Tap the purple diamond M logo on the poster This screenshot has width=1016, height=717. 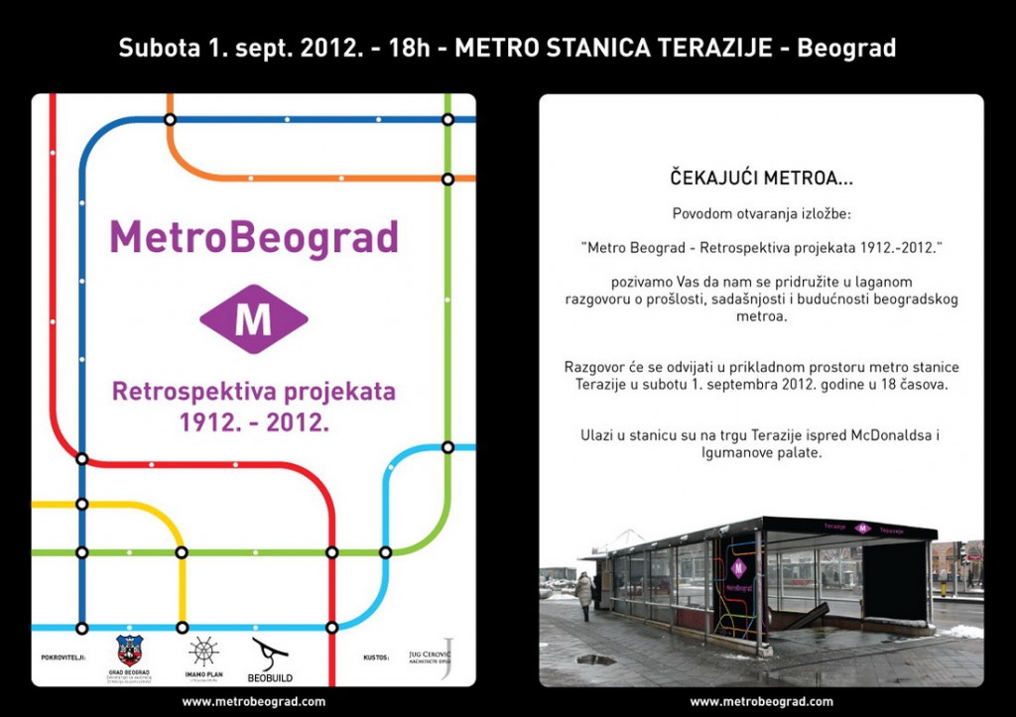(x=253, y=318)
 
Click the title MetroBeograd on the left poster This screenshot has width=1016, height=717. (x=253, y=239)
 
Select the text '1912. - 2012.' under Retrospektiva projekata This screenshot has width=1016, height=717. (x=253, y=421)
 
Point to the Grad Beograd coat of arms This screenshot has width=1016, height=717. (x=130, y=650)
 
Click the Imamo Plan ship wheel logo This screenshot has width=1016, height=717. (x=202, y=652)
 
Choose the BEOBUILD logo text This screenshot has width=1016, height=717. (x=270, y=678)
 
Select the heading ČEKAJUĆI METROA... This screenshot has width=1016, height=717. (x=760, y=180)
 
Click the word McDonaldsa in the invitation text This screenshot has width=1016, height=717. (x=896, y=434)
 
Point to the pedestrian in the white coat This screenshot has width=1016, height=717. (x=583, y=593)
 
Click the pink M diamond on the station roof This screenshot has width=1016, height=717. (x=861, y=528)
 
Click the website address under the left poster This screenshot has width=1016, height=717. (x=253, y=701)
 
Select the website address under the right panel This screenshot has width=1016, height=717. (x=761, y=701)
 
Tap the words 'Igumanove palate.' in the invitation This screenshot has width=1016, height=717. (x=762, y=452)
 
